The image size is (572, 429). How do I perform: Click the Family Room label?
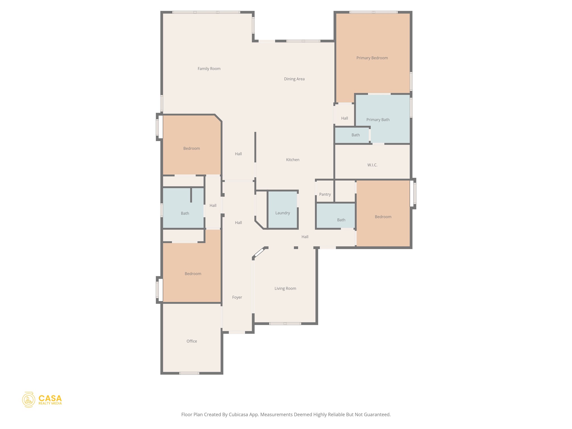pos(209,69)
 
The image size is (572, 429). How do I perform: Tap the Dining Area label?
pos(294,79)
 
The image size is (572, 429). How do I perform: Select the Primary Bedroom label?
pos(372,58)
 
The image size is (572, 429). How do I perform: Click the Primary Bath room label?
pos(378,120)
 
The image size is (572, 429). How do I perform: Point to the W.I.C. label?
pos(372,165)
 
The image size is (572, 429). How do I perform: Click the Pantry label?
pos(325,194)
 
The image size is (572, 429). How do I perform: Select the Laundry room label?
pos(282,213)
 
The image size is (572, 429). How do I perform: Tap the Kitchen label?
pos(292,160)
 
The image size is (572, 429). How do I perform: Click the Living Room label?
pos(285,289)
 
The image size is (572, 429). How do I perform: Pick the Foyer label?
pos(237,297)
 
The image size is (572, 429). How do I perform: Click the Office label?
pos(192,341)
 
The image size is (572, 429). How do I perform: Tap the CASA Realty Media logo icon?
pos(28,400)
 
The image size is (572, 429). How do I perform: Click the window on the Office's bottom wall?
pos(189,373)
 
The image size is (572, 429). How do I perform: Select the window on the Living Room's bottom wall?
pos(285,324)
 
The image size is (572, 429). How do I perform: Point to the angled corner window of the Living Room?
pos(259,252)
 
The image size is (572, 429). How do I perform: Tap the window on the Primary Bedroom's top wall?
pos(373,12)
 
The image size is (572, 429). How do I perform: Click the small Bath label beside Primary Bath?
pos(355,135)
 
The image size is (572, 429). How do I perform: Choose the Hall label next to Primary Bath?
pos(344,118)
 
